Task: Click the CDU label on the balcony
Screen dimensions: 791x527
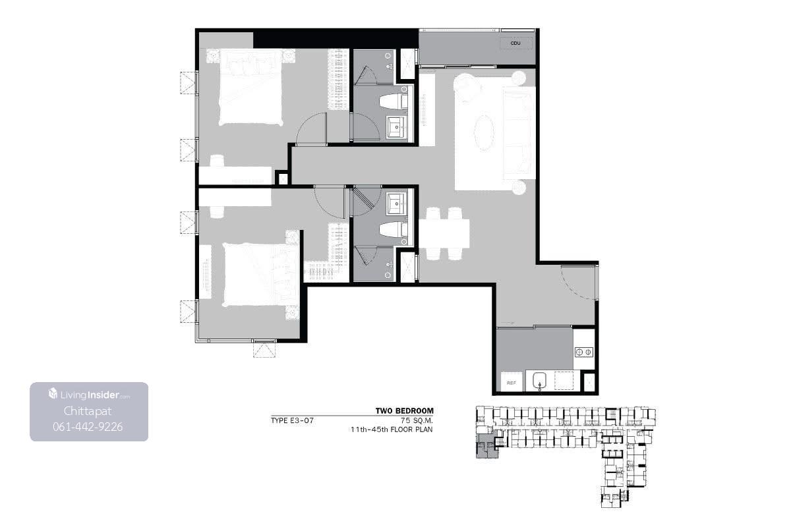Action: coord(515,43)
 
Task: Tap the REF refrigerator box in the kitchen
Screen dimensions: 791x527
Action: coord(512,382)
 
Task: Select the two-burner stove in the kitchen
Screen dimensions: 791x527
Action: coord(583,352)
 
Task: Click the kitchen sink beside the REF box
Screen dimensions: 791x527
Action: coord(539,381)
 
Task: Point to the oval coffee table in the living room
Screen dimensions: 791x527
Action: coord(484,132)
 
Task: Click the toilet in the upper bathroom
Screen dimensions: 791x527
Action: coord(393,101)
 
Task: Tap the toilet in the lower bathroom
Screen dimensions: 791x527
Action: coord(393,230)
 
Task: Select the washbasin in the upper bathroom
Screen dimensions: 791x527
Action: coord(396,127)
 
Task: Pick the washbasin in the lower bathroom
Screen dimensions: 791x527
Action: coord(396,204)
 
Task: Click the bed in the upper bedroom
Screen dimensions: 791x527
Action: coord(250,88)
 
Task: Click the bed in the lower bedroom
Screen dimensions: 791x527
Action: coord(261,275)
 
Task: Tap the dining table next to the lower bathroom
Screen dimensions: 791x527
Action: coord(444,233)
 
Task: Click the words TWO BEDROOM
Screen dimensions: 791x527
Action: coord(404,411)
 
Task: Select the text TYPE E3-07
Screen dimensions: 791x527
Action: coord(292,420)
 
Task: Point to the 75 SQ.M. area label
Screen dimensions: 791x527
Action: coord(417,420)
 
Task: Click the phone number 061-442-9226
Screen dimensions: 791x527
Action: coord(88,427)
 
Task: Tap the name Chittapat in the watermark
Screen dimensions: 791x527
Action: coord(88,411)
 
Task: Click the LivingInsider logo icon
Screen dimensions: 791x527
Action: coord(53,393)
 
